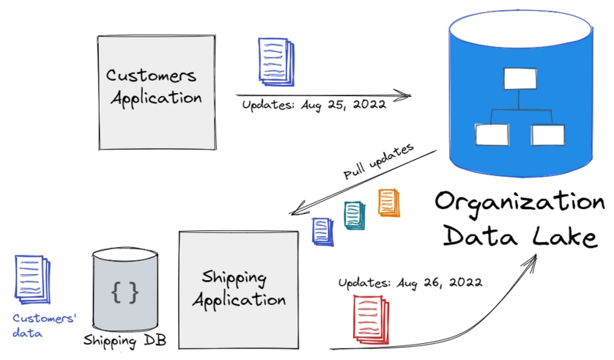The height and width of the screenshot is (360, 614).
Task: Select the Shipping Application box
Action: (x=238, y=289)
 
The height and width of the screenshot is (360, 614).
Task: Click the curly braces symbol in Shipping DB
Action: (x=124, y=291)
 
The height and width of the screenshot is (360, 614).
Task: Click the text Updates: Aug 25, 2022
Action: (x=314, y=104)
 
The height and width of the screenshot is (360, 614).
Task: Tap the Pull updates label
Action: (x=378, y=163)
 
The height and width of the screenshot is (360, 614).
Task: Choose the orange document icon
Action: (x=388, y=203)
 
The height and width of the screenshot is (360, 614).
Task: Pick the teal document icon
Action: (x=355, y=216)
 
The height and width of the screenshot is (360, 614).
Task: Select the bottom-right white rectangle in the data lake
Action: (x=547, y=134)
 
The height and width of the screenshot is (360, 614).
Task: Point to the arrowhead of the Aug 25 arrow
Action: (x=407, y=95)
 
